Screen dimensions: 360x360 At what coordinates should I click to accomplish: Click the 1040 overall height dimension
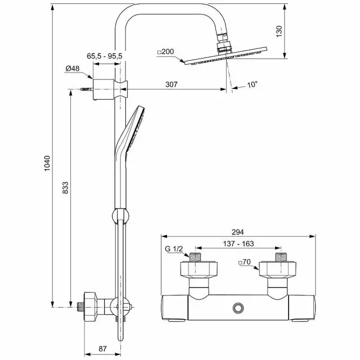pyautogui.click(x=47, y=163)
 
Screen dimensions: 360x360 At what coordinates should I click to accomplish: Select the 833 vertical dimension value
pyautogui.click(x=65, y=188)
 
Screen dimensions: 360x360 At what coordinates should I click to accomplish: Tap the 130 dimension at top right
pyautogui.click(x=279, y=31)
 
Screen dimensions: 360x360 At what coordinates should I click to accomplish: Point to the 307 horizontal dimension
pyautogui.click(x=172, y=84)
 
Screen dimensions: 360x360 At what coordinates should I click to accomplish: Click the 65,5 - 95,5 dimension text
pyautogui.click(x=105, y=56)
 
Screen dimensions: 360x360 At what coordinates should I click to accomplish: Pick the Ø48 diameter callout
pyautogui.click(x=73, y=69)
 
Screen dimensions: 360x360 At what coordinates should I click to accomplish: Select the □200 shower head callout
pyautogui.click(x=166, y=52)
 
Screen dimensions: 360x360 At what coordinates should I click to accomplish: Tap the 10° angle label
pyautogui.click(x=253, y=84)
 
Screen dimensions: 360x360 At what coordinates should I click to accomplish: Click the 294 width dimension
pyautogui.click(x=237, y=232)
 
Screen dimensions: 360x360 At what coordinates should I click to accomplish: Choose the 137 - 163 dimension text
pyautogui.click(x=238, y=244)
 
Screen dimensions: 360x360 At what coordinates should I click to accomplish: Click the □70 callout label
pyautogui.click(x=245, y=262)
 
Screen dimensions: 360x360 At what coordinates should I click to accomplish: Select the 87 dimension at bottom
pyautogui.click(x=102, y=349)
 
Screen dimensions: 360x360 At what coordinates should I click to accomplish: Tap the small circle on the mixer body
pyautogui.click(x=238, y=308)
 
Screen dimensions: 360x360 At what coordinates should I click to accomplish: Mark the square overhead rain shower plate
pyautogui.click(x=226, y=56)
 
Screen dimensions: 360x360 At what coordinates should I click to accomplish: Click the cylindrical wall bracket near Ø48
pyautogui.click(x=103, y=89)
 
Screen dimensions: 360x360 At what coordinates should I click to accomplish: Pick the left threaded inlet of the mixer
pyautogui.click(x=195, y=257)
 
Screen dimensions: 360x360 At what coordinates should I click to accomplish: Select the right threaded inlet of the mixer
pyautogui.click(x=281, y=257)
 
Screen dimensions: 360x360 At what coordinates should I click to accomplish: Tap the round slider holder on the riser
pyautogui.click(x=120, y=216)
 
